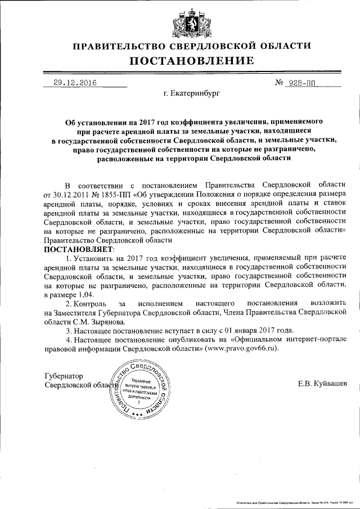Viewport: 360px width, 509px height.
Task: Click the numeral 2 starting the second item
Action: coord(68,303)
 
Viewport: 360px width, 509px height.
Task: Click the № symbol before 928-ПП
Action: coord(279,83)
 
